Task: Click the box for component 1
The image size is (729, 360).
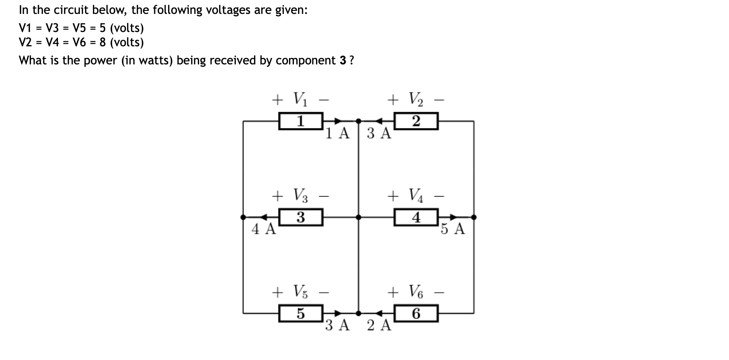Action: tap(300, 121)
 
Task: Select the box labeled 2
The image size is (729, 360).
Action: tap(416, 121)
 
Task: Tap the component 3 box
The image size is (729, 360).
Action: tap(300, 217)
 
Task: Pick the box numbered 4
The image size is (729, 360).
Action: tap(416, 217)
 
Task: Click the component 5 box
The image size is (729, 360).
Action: tap(300, 313)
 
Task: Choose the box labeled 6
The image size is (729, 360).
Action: tap(416, 313)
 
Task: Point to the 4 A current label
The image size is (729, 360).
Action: tap(264, 229)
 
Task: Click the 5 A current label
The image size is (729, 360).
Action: tap(453, 229)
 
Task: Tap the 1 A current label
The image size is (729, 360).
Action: tap(338, 133)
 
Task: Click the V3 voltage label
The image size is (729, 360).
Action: tap(300, 195)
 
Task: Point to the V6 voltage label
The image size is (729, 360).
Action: tap(416, 291)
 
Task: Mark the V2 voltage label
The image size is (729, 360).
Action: tap(416, 99)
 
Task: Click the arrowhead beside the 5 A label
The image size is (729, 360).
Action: tap(454, 217)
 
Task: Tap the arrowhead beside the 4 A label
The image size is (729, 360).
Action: tap(263, 217)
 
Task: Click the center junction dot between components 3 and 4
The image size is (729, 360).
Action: tap(358, 217)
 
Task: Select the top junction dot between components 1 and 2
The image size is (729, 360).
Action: tap(358, 121)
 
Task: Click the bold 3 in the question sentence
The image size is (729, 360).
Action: tap(342, 60)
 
